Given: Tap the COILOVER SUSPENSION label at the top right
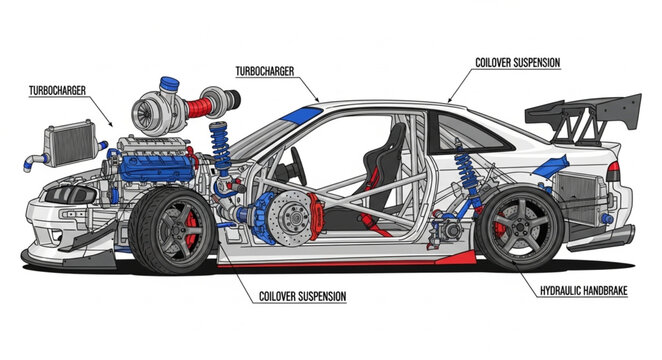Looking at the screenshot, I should point(517,62).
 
